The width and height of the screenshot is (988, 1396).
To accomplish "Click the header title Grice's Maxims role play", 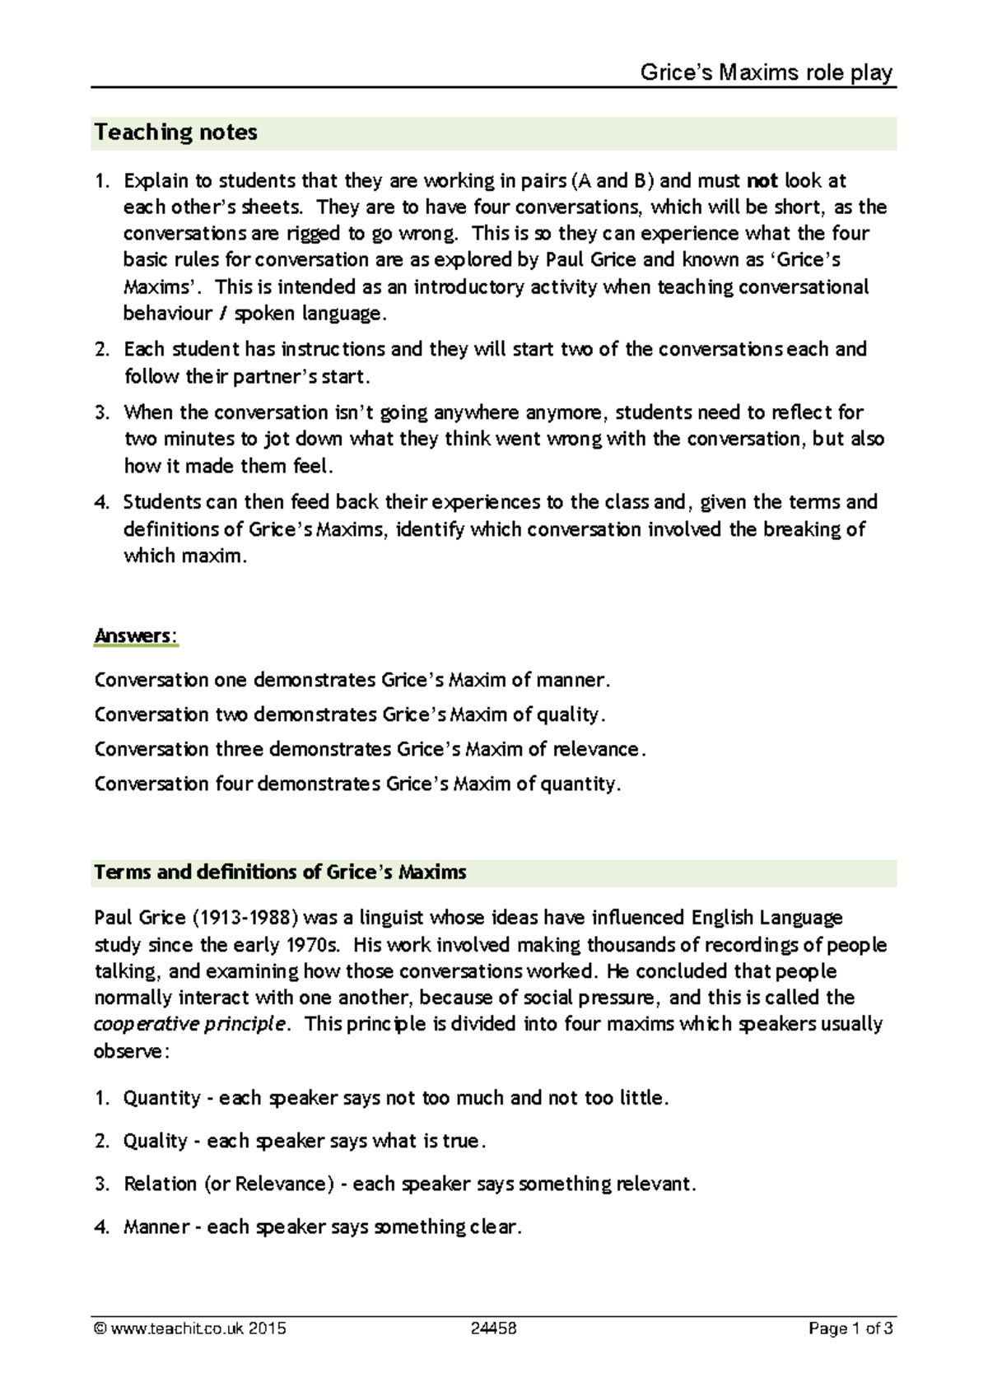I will pyautogui.click(x=767, y=73).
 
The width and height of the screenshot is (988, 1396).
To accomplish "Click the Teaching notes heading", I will pyautogui.click(x=175, y=133).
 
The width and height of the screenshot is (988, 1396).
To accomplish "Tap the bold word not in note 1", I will pyautogui.click(x=762, y=180).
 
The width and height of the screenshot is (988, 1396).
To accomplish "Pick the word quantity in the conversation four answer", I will pyautogui.click(x=577, y=784).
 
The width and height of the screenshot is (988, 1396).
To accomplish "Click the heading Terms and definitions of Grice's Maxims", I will pyautogui.click(x=280, y=872).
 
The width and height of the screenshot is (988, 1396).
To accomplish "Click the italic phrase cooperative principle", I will pyautogui.click(x=191, y=1025).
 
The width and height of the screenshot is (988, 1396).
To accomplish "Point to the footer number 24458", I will pyautogui.click(x=494, y=1329).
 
